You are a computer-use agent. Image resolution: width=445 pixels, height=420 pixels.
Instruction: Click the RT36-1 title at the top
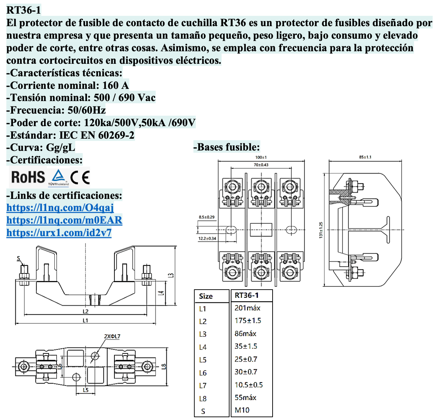tap(24, 10)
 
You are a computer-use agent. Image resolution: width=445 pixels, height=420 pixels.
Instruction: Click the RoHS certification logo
tap(28, 177)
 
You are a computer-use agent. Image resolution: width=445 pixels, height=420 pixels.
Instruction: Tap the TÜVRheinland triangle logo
tap(58, 177)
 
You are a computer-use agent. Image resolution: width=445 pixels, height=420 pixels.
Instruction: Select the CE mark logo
tap(80, 177)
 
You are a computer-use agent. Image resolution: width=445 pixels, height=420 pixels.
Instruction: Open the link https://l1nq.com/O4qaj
tap(60, 207)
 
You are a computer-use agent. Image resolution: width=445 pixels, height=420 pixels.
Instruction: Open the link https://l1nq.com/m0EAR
tap(64, 220)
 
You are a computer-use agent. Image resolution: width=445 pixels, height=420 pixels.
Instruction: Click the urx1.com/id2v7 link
tap(59, 233)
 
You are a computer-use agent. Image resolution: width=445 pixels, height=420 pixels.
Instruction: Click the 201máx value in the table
tap(247, 308)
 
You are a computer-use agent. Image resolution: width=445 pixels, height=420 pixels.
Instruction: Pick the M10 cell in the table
tap(242, 410)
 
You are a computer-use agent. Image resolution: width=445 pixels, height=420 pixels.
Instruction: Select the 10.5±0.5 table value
tap(249, 385)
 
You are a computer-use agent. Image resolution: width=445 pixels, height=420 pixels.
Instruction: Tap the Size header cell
tap(206, 296)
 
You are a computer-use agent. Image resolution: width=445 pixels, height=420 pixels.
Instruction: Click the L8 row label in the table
tap(203, 398)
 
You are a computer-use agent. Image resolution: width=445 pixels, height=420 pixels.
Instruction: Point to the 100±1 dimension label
tap(261, 157)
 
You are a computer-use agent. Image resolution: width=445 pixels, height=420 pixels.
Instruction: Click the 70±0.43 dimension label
tap(261, 165)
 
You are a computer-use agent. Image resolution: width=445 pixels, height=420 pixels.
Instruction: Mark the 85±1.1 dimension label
tap(365, 157)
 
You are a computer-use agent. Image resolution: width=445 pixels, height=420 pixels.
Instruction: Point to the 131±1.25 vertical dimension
tap(321, 230)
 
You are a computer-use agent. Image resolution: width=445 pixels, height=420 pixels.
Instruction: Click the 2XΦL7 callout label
tap(112, 336)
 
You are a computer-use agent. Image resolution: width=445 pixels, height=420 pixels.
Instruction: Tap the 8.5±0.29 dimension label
tap(207, 217)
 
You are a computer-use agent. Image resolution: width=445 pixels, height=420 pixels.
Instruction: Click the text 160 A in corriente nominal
tap(115, 85)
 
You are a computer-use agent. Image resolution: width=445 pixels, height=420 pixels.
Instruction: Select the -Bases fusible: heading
tap(226, 147)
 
